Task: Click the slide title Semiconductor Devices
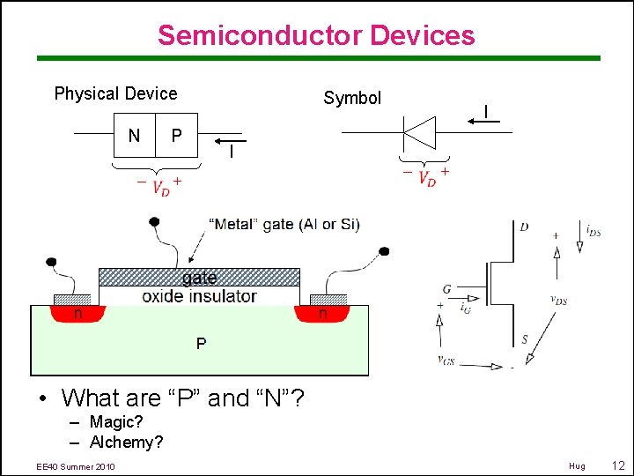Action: pyautogui.click(x=316, y=35)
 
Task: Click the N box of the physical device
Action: pyautogui.click(x=134, y=136)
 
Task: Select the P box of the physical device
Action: pyautogui.click(x=177, y=136)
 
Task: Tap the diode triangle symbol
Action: pyautogui.click(x=420, y=133)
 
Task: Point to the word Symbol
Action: pyautogui.click(x=352, y=98)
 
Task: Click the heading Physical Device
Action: pyautogui.click(x=115, y=93)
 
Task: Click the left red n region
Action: pyautogui.click(x=78, y=313)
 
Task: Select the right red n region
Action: pyautogui.click(x=323, y=313)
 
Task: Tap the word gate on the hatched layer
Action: pyautogui.click(x=199, y=278)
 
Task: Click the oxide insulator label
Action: pyautogui.click(x=199, y=296)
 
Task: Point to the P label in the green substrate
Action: pyautogui.click(x=202, y=343)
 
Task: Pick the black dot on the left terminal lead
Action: pyautogui.click(x=51, y=262)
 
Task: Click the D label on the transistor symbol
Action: pyautogui.click(x=524, y=227)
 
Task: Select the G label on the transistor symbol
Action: pyautogui.click(x=447, y=289)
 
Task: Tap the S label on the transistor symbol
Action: pyautogui.click(x=525, y=339)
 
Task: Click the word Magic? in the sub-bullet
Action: pyautogui.click(x=116, y=422)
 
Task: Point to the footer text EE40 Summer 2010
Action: pyautogui.click(x=76, y=466)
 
